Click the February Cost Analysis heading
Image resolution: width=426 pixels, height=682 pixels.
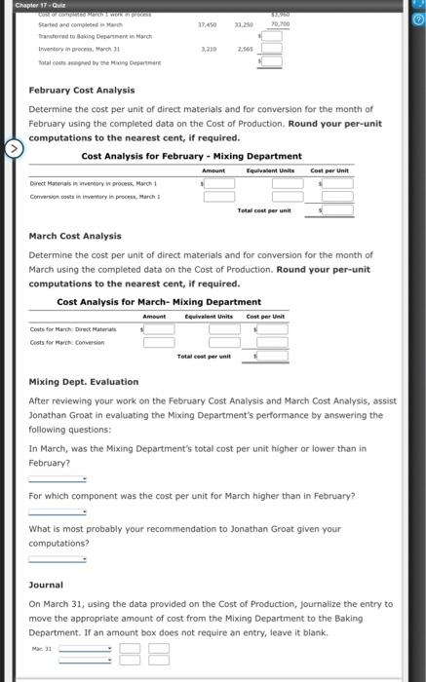[x=75, y=89]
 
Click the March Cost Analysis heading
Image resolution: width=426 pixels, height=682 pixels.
[x=75, y=236]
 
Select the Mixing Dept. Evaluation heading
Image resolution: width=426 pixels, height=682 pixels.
[x=84, y=382]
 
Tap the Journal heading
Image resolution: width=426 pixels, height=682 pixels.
[x=46, y=586]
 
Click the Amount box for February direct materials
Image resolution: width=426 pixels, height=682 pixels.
[x=218, y=181]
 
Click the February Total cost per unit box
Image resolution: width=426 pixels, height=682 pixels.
[x=337, y=210]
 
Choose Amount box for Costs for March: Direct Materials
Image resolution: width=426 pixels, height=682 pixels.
[x=160, y=328]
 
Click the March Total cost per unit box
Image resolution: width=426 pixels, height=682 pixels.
[x=273, y=357]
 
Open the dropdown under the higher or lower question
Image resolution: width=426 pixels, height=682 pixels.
[x=58, y=478]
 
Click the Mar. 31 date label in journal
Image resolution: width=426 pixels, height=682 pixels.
[x=42, y=646]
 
